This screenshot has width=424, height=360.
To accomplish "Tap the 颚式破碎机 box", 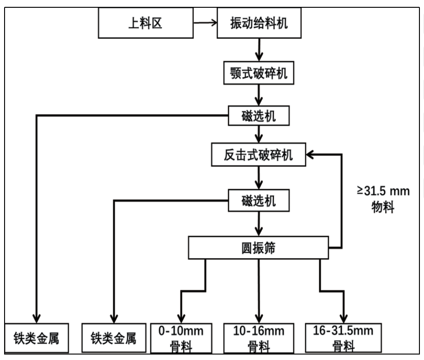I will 259,73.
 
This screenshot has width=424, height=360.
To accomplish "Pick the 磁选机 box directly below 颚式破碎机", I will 259,116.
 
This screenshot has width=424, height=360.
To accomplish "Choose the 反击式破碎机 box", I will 259,155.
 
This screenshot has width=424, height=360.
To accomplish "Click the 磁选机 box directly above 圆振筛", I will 259,200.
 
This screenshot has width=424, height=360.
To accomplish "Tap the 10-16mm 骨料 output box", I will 259,338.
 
